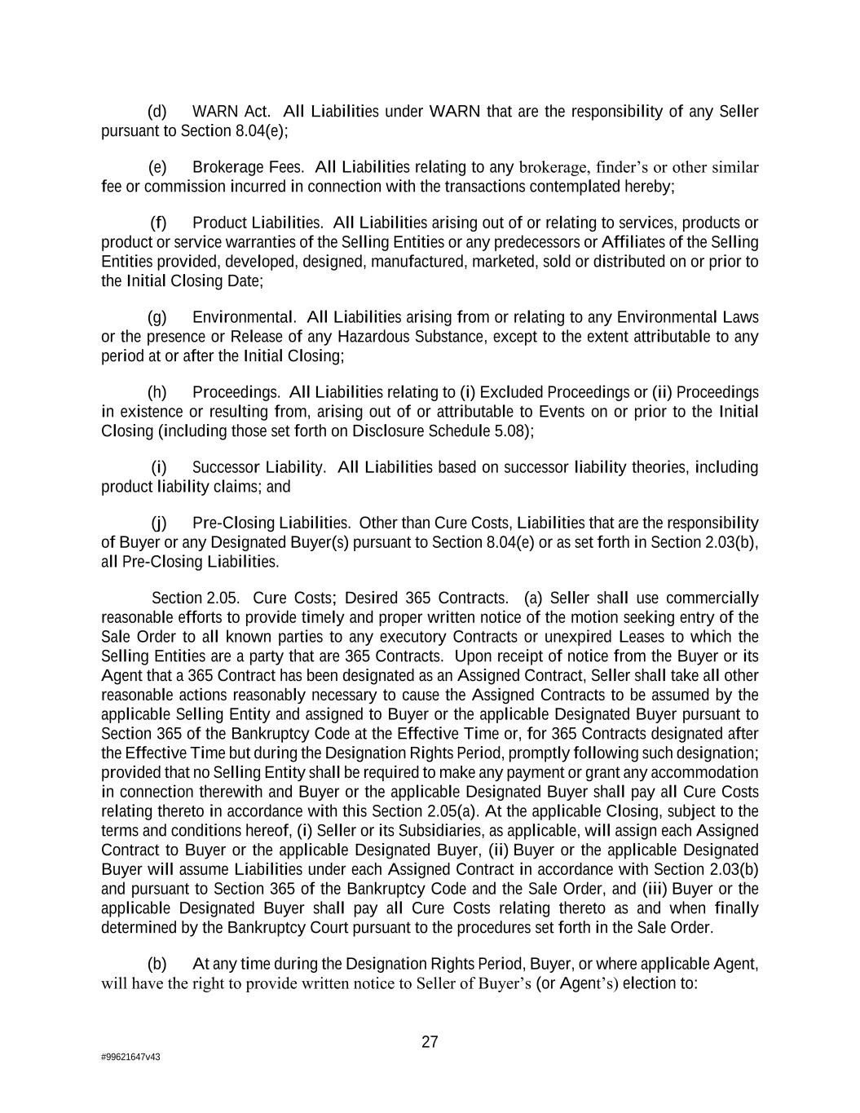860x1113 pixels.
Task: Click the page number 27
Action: coord(430,1042)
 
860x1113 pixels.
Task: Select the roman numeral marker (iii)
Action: coord(655,889)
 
